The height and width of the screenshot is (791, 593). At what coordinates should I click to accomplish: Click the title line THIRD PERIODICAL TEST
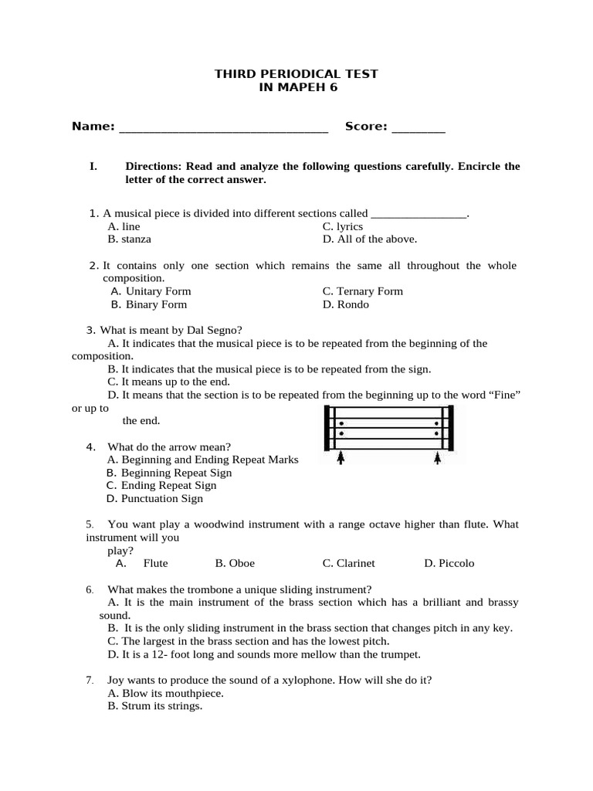pyautogui.click(x=296, y=74)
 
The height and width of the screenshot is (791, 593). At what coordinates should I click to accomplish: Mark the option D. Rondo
pyautogui.click(x=346, y=304)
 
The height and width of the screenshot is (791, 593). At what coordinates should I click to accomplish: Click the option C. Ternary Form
pyautogui.click(x=363, y=291)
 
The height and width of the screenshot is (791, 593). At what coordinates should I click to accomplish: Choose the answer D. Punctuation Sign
pyautogui.click(x=155, y=498)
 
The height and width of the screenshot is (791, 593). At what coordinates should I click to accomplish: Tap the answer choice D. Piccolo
pyautogui.click(x=449, y=563)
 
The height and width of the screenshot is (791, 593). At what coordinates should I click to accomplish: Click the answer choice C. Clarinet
pyautogui.click(x=349, y=563)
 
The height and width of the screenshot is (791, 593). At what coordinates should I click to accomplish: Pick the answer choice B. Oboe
pyautogui.click(x=235, y=563)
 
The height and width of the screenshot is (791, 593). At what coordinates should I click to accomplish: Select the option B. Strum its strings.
pyautogui.click(x=155, y=706)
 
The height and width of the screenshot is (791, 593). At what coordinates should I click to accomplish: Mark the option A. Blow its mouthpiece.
pyautogui.click(x=166, y=694)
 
